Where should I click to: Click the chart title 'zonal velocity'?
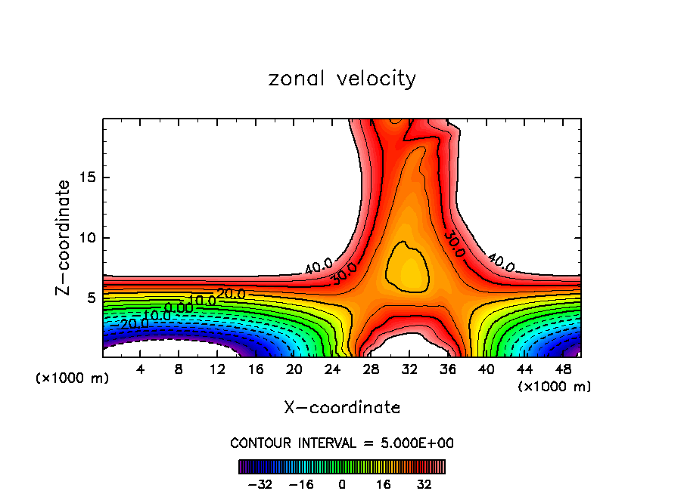pos(342,79)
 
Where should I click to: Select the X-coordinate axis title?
pos(342,408)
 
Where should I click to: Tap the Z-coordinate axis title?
pos(64,237)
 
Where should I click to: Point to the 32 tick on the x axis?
pos(409,370)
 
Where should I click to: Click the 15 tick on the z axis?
pos(86,178)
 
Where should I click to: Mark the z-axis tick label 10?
pos(86,238)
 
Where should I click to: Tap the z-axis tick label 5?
pos(89,298)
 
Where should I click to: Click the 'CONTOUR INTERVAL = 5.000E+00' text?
pos(342,443)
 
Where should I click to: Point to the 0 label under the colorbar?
pos(342,484)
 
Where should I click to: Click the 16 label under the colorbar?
pos(384,484)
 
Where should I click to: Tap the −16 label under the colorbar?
pos(301,484)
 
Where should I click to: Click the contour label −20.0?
pos(135,323)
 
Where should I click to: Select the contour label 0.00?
pos(179,308)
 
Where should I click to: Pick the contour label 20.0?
pos(231,293)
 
